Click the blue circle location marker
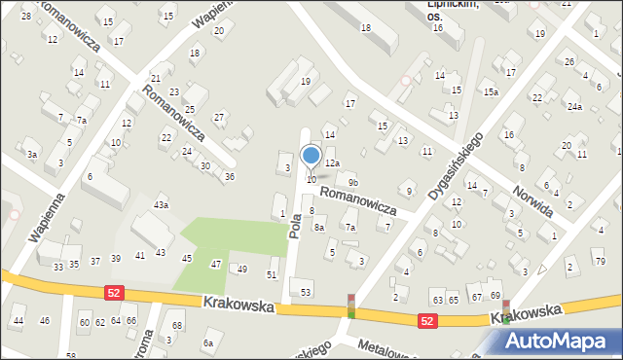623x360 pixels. pyautogui.click(x=311, y=156)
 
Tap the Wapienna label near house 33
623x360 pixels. pyautogui.click(x=47, y=215)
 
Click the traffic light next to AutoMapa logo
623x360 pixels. pyautogui.click(x=505, y=310)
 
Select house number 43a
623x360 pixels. pyautogui.click(x=162, y=204)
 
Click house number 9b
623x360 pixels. pyautogui.click(x=353, y=182)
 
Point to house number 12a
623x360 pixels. pyautogui.click(x=333, y=162)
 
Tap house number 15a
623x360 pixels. pyautogui.click(x=491, y=92)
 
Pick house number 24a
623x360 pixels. pyautogui.click(x=575, y=106)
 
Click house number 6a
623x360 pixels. pyautogui.click(x=207, y=343)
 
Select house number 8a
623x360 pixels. pyautogui.click(x=318, y=228)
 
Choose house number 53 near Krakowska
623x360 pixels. pyautogui.click(x=307, y=292)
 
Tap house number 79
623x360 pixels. pyautogui.click(x=598, y=262)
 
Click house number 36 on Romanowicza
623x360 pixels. pyautogui.click(x=229, y=176)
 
